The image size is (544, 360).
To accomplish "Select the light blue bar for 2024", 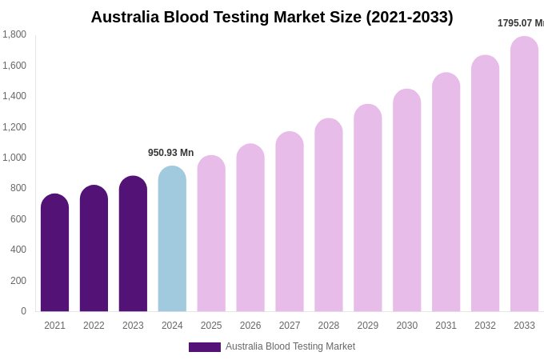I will pyautogui.click(x=172, y=239).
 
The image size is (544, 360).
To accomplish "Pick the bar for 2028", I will pyautogui.click(x=329, y=215).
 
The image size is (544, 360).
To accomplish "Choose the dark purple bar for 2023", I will pyautogui.click(x=133, y=244).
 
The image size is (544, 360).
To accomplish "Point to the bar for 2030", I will pyautogui.click(x=406, y=201).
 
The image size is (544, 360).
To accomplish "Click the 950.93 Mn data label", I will pyautogui.click(x=170, y=153).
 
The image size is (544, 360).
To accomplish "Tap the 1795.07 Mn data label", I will pyautogui.click(x=520, y=23).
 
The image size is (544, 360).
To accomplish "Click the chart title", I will pyautogui.click(x=272, y=17).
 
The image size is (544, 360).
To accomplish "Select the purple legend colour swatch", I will pyautogui.click(x=204, y=347).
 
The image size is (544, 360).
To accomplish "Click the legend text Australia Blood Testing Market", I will pyautogui.click(x=290, y=346).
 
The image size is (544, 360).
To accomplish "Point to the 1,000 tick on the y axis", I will pyautogui.click(x=14, y=158).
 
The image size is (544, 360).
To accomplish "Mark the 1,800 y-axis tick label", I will pyautogui.click(x=14, y=34).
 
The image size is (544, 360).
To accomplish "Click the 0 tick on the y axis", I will pyautogui.click(x=23, y=311).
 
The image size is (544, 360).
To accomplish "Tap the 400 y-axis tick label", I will pyautogui.click(x=18, y=250).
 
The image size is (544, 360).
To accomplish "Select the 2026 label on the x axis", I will pyautogui.click(x=250, y=326).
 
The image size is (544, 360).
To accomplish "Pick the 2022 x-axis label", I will pyautogui.click(x=94, y=326).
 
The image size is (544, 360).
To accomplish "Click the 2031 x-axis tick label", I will pyautogui.click(x=446, y=326).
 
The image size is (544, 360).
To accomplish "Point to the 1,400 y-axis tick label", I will pyautogui.click(x=14, y=96).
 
